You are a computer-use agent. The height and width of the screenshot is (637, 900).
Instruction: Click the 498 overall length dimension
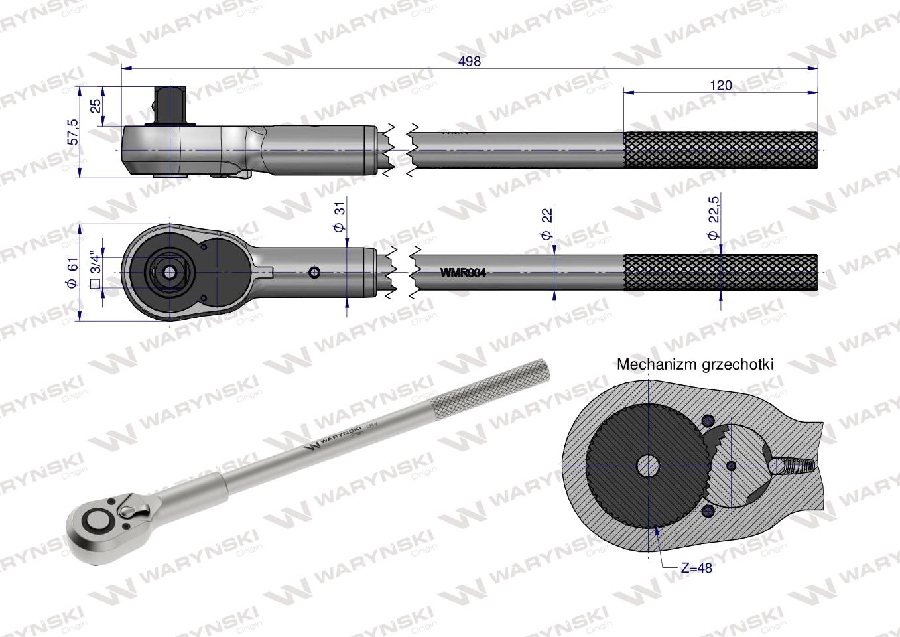(469, 61)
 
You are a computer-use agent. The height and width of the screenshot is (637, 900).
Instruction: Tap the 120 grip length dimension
(720, 85)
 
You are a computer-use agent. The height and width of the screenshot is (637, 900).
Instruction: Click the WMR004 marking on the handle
(463, 273)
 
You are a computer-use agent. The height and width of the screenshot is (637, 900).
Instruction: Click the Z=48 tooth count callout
(696, 568)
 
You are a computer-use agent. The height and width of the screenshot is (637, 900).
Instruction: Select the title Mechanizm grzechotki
(695, 364)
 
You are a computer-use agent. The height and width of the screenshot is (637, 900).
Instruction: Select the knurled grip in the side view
(720, 151)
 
